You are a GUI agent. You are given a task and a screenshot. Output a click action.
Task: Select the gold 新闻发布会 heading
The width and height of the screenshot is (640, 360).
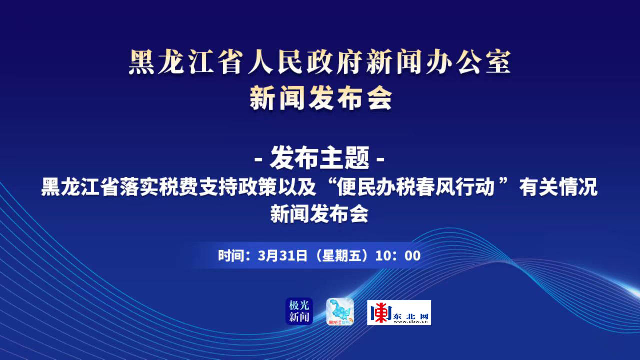[x=321, y=98]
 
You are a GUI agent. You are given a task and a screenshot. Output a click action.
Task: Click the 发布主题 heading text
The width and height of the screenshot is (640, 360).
[x=319, y=158]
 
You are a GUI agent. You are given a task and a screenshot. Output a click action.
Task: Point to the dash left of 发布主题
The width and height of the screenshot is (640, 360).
[x=258, y=159]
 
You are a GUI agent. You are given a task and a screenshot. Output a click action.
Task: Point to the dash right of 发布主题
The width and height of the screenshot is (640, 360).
[x=381, y=159]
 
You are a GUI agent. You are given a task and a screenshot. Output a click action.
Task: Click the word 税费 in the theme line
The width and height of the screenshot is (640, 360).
[x=178, y=187]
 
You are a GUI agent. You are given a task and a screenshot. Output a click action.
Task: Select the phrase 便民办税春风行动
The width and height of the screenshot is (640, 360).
[x=416, y=187]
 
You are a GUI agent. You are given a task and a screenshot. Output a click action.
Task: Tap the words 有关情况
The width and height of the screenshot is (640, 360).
[x=559, y=187]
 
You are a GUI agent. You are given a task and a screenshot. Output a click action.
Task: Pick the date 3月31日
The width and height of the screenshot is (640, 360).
[x=282, y=256]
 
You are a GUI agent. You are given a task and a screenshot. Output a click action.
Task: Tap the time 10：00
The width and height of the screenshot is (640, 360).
[x=398, y=256]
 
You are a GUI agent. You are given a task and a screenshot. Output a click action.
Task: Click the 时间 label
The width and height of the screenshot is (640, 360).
[x=231, y=256]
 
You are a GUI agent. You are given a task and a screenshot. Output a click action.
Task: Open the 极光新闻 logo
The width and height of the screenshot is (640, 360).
[x=299, y=311]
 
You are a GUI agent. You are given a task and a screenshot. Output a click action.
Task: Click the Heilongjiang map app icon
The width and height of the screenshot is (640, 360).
[x=340, y=311]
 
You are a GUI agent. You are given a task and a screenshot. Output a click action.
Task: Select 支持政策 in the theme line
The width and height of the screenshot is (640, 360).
[x=237, y=187]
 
